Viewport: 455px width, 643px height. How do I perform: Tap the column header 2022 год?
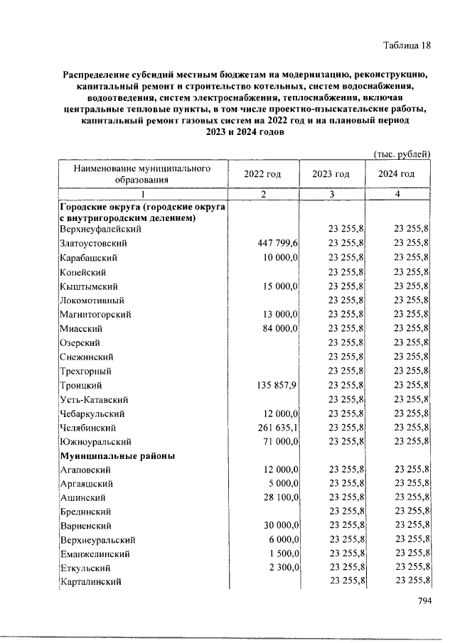click(x=262, y=174)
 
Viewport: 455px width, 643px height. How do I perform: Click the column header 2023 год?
click(x=331, y=174)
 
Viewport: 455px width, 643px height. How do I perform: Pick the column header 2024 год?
click(x=397, y=174)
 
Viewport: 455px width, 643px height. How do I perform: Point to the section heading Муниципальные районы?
click(x=118, y=455)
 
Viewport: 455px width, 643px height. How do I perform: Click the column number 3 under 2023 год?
click(x=331, y=194)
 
